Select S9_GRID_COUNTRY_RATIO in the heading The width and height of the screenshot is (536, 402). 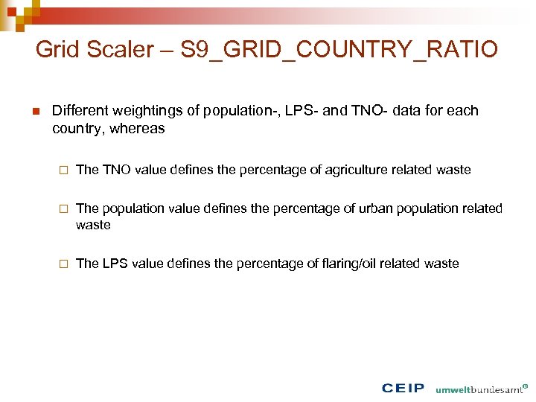[339, 50]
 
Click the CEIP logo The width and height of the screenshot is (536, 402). [403, 388]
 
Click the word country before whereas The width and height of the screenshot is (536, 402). [79, 129]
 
